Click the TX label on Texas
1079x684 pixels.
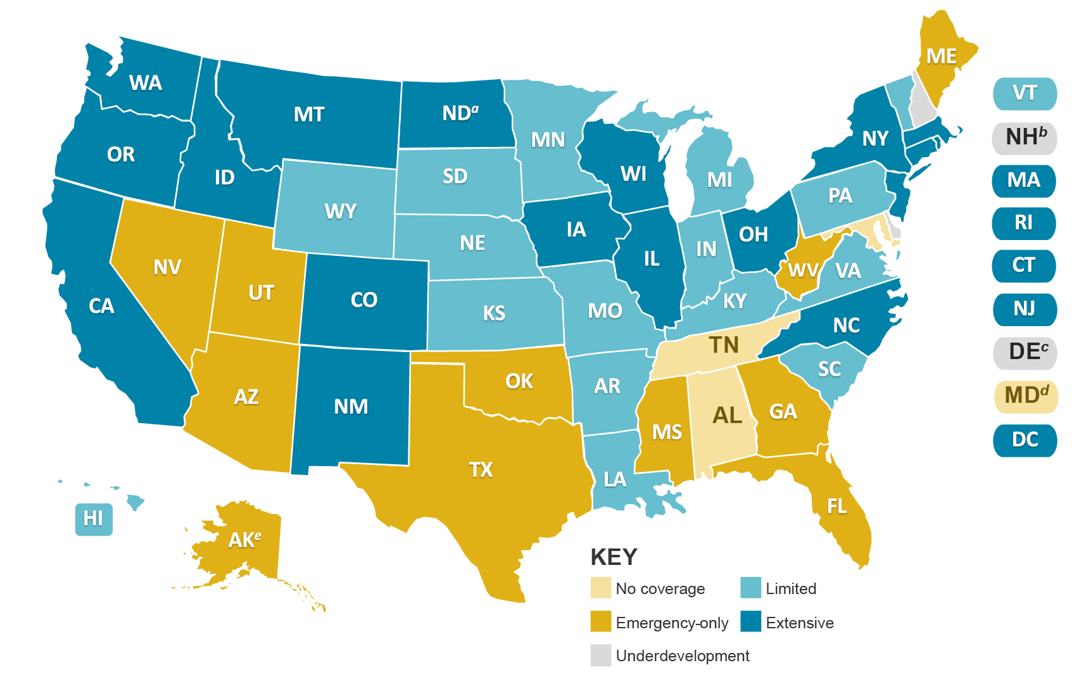coord(481,469)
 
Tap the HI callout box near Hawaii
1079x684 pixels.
coord(93,519)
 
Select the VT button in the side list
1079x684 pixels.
coord(1024,94)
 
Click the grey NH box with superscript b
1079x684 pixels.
coord(1024,137)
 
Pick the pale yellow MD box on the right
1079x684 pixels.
coord(1024,396)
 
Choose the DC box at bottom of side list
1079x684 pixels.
coord(1024,440)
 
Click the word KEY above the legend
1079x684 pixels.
coord(613,557)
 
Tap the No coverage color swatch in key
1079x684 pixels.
coord(600,588)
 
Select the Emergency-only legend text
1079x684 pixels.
coord(671,623)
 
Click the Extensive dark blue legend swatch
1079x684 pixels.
coord(750,622)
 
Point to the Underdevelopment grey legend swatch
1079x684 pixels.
coord(600,655)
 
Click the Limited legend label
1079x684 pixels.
coord(791,588)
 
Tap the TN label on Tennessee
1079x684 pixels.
coord(724,345)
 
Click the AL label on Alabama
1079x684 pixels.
coord(727,415)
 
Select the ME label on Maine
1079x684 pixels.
coord(941,57)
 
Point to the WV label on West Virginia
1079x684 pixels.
coord(803,271)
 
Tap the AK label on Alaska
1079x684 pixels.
coord(244,540)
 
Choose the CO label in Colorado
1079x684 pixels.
coord(363,300)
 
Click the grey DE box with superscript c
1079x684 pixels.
coord(1024,352)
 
